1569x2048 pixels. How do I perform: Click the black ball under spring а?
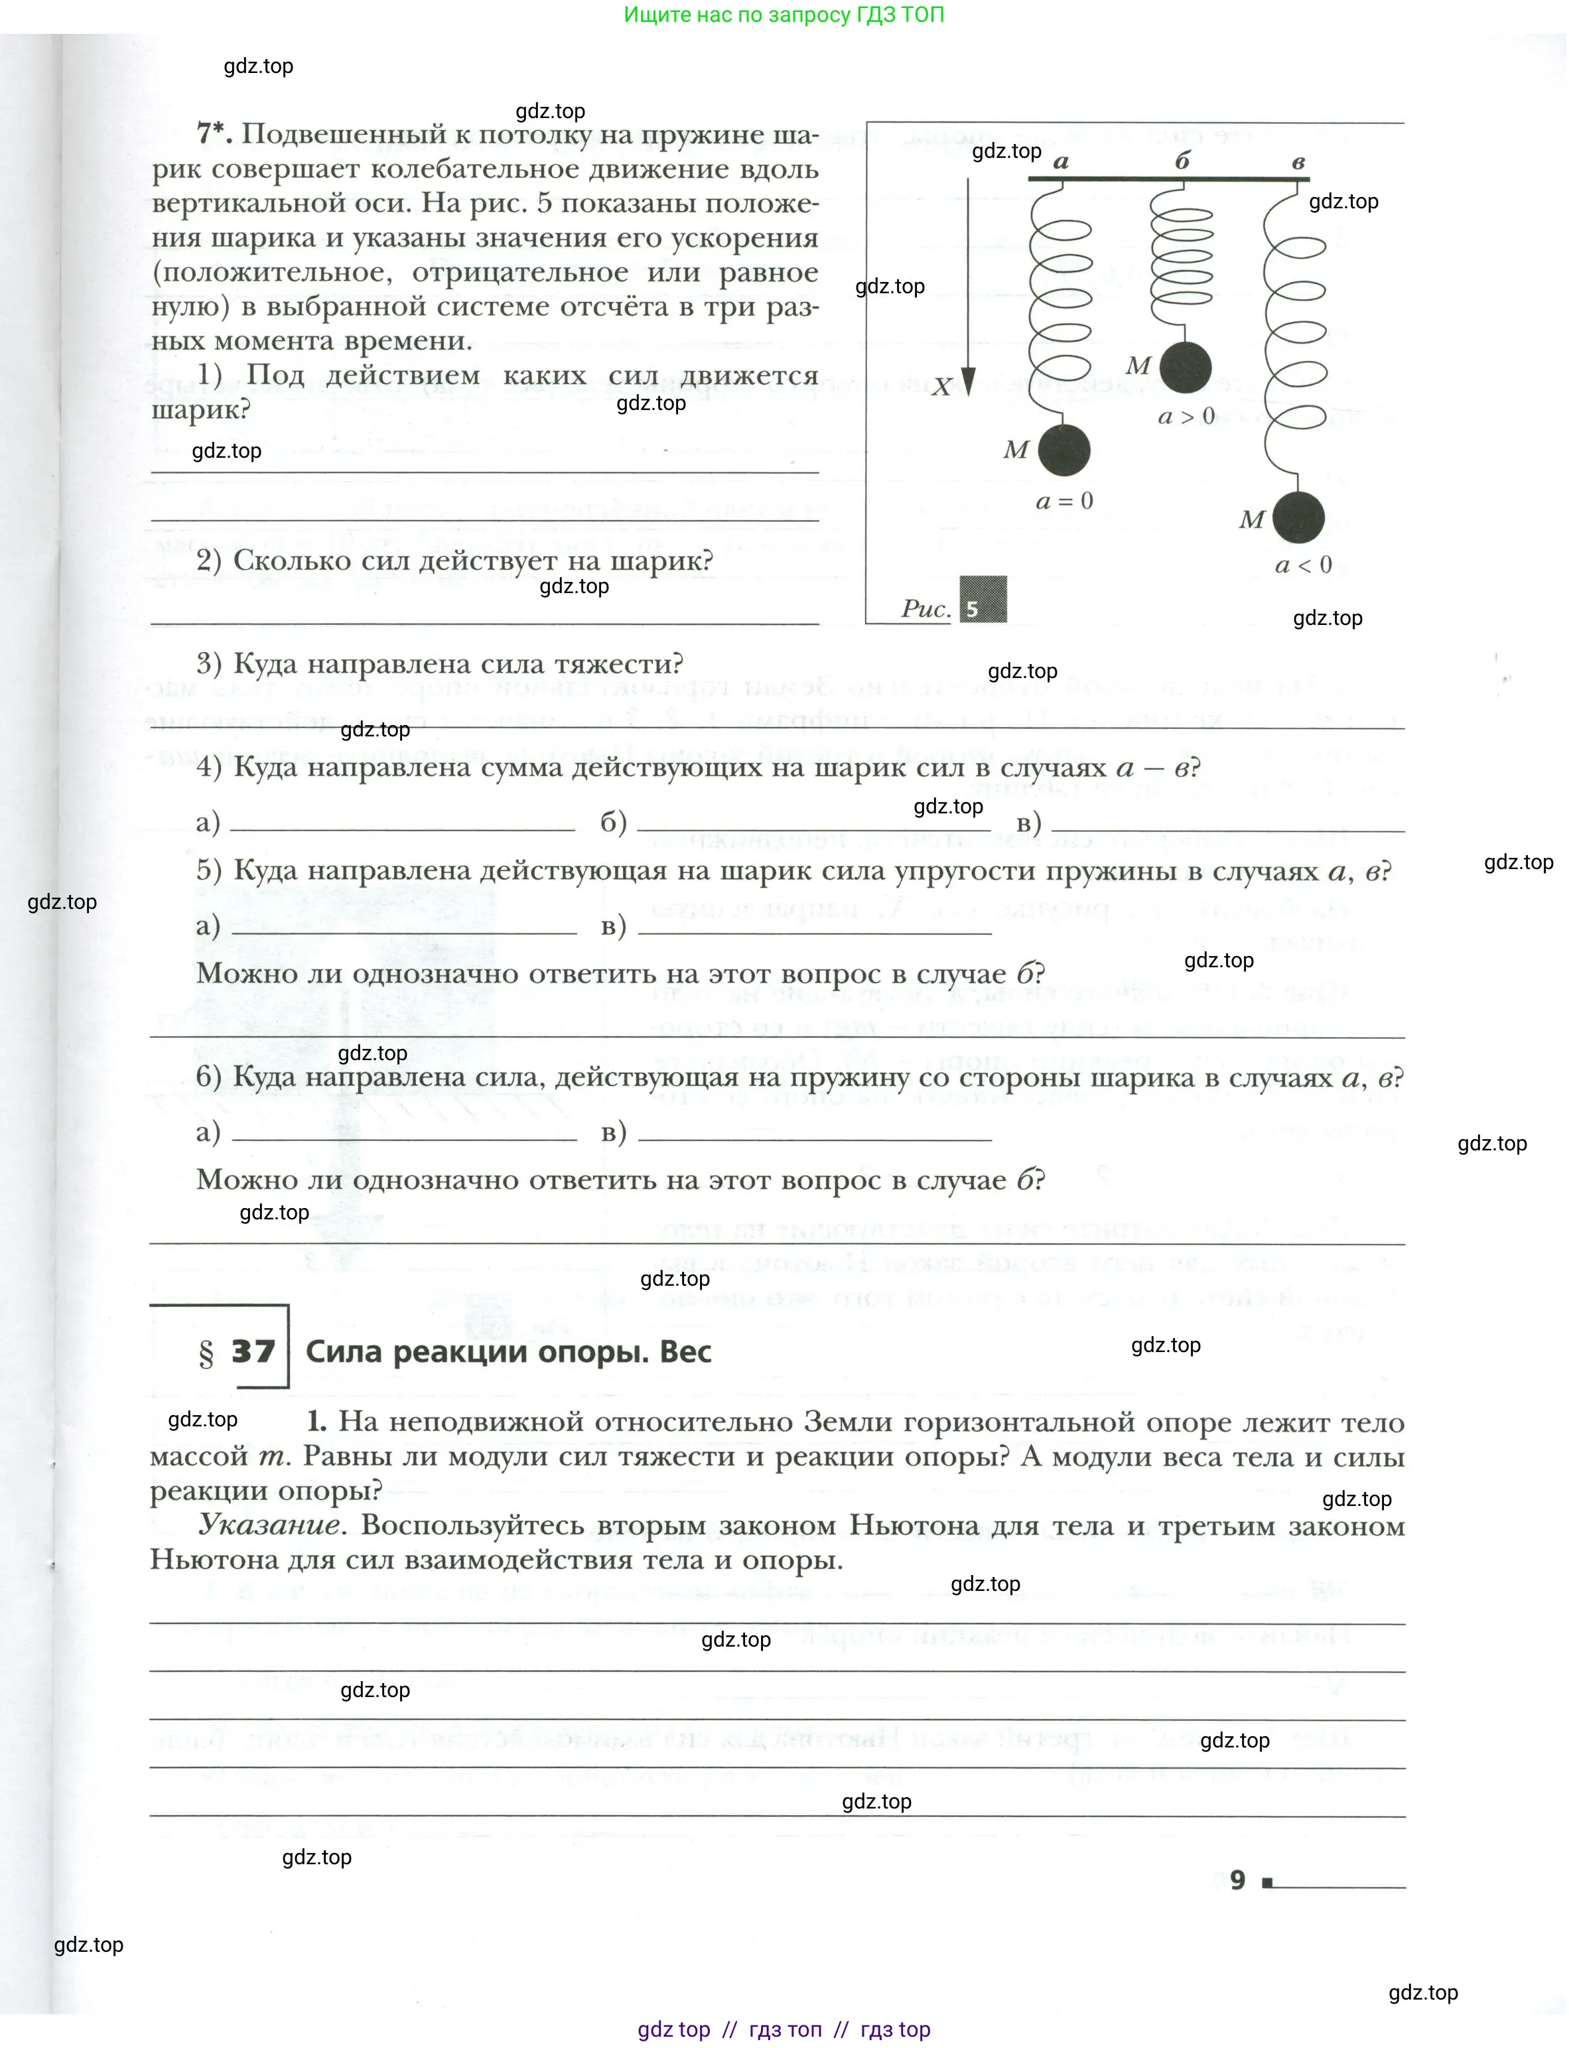pyautogui.click(x=1063, y=449)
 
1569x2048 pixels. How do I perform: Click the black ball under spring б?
pyautogui.click(x=1185, y=367)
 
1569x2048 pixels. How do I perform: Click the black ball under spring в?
pyautogui.click(x=1298, y=517)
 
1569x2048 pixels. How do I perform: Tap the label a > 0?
pyautogui.click(x=1186, y=417)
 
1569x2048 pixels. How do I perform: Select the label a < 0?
pyautogui.click(x=1303, y=565)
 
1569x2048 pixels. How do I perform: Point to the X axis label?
pyautogui.click(x=941, y=387)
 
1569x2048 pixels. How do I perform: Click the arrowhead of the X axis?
pyautogui.click(x=969, y=383)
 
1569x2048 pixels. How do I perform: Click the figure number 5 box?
pyautogui.click(x=983, y=600)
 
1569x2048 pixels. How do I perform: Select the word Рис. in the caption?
pyautogui.click(x=925, y=609)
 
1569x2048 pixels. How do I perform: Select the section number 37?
pyautogui.click(x=253, y=1351)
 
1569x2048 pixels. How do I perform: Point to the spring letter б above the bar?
pyautogui.click(x=1182, y=161)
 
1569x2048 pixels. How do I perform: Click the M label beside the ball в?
pyautogui.click(x=1251, y=520)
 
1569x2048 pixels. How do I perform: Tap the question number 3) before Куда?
pyautogui.click(x=209, y=664)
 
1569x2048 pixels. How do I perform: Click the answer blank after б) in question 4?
pyautogui.click(x=813, y=822)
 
